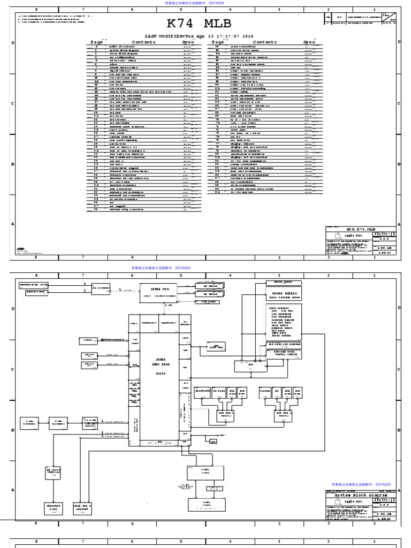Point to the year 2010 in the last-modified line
pos(248,36)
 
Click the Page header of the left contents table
pos(97,42)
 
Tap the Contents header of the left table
pos(143,42)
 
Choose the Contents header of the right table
pos(265,42)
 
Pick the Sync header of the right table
pos(309,42)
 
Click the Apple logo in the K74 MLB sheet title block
pos(337,235)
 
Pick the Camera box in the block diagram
pos(265,391)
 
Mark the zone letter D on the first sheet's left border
pos(12,42)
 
